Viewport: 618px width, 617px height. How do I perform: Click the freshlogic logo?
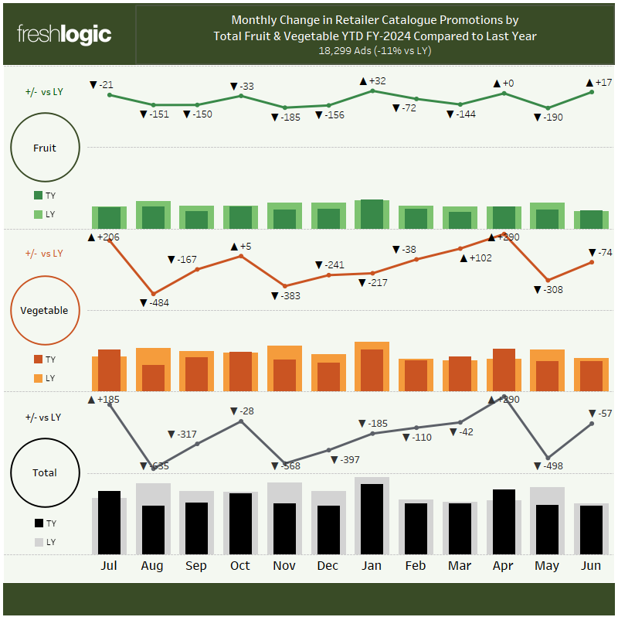[64, 35]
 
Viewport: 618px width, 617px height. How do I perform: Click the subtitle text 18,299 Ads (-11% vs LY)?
[375, 50]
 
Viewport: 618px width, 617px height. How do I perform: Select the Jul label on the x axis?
[109, 566]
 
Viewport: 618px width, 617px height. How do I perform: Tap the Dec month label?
[328, 566]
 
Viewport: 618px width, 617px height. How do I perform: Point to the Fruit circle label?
[45, 148]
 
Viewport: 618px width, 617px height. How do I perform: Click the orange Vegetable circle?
[45, 311]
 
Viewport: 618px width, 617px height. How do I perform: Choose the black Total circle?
[45, 472]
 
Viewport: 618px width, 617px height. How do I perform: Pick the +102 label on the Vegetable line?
[476, 257]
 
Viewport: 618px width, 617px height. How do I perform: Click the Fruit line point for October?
[241, 95]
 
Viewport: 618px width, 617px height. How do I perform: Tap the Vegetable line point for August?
[153, 293]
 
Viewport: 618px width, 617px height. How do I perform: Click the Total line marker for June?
[592, 423]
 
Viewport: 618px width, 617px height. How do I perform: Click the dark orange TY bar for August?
[153, 377]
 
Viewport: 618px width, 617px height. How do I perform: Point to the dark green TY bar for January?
[372, 213]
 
